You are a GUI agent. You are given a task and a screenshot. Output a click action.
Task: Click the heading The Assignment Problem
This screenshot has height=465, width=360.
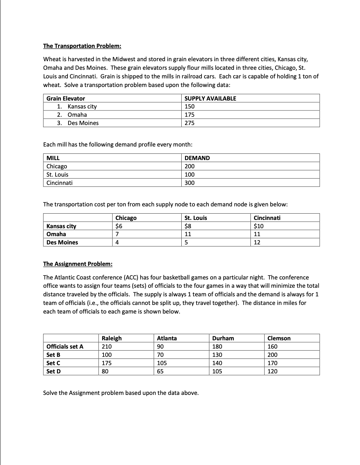click(x=78, y=264)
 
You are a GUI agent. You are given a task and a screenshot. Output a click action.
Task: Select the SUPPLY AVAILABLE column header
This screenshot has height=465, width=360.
click(x=210, y=99)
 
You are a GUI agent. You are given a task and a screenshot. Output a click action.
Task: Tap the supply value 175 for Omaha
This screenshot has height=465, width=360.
click(x=190, y=115)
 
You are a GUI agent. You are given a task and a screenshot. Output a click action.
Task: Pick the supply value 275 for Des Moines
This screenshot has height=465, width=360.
click(x=190, y=123)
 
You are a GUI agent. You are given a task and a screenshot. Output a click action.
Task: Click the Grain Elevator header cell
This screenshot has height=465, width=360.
click(x=66, y=99)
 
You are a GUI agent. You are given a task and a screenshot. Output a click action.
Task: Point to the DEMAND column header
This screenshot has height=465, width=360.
click(x=197, y=158)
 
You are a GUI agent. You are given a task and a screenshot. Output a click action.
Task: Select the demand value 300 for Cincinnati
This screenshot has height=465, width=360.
click(x=190, y=183)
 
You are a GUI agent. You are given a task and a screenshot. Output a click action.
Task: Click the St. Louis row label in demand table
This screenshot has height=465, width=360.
click(x=58, y=175)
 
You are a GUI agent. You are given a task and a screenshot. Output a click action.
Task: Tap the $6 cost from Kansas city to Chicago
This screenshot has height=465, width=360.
click(x=119, y=226)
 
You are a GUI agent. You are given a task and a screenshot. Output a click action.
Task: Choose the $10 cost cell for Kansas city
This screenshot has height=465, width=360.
click(x=258, y=226)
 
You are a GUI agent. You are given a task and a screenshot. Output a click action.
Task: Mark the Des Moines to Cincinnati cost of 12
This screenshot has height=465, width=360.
click(x=257, y=242)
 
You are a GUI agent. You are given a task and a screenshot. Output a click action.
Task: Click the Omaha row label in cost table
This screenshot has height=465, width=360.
click(x=56, y=234)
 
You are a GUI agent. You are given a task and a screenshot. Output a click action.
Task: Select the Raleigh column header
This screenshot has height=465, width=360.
click(x=112, y=338)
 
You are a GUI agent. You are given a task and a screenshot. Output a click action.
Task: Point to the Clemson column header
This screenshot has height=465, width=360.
click(x=279, y=338)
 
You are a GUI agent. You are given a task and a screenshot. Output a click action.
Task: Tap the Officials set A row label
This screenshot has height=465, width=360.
click(x=65, y=347)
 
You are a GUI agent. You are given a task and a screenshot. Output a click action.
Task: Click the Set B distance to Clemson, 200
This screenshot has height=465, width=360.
click(x=272, y=355)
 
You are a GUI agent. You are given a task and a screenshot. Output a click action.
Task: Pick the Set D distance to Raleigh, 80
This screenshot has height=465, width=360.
click(x=105, y=371)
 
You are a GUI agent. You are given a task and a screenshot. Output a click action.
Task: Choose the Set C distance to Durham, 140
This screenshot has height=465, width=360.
click(x=217, y=363)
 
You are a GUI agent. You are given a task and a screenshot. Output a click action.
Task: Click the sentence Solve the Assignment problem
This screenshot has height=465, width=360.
click(x=121, y=393)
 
